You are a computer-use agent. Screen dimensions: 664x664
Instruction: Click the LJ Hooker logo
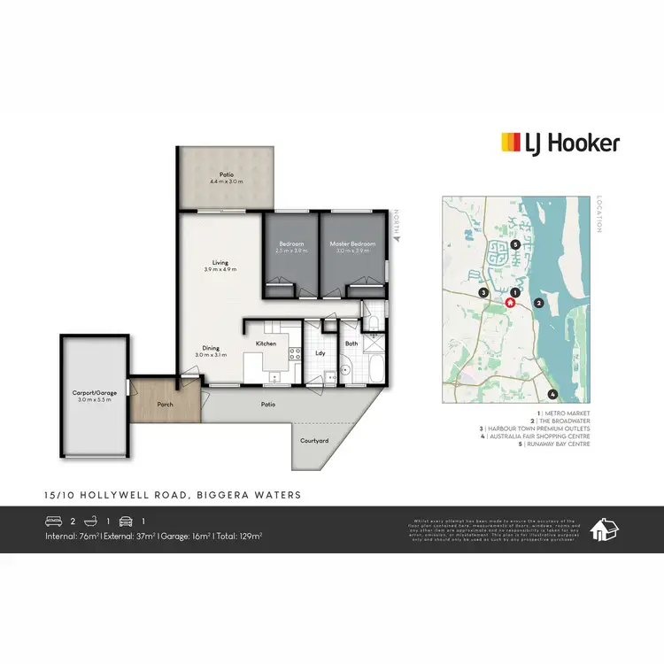coord(560,143)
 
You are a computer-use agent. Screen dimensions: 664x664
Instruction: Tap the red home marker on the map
coord(510,302)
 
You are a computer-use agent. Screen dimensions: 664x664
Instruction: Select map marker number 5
coord(514,244)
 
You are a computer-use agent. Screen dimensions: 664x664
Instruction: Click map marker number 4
coord(552,394)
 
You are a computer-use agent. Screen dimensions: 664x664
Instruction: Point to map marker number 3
coord(483,291)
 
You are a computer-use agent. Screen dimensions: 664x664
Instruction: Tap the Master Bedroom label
coord(352,243)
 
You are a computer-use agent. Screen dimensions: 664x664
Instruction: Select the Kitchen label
coord(266,343)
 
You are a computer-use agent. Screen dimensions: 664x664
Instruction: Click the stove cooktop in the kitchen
coord(293,355)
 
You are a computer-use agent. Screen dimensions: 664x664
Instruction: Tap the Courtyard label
coord(314,440)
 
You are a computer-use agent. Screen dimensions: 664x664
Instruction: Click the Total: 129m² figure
coord(237,536)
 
